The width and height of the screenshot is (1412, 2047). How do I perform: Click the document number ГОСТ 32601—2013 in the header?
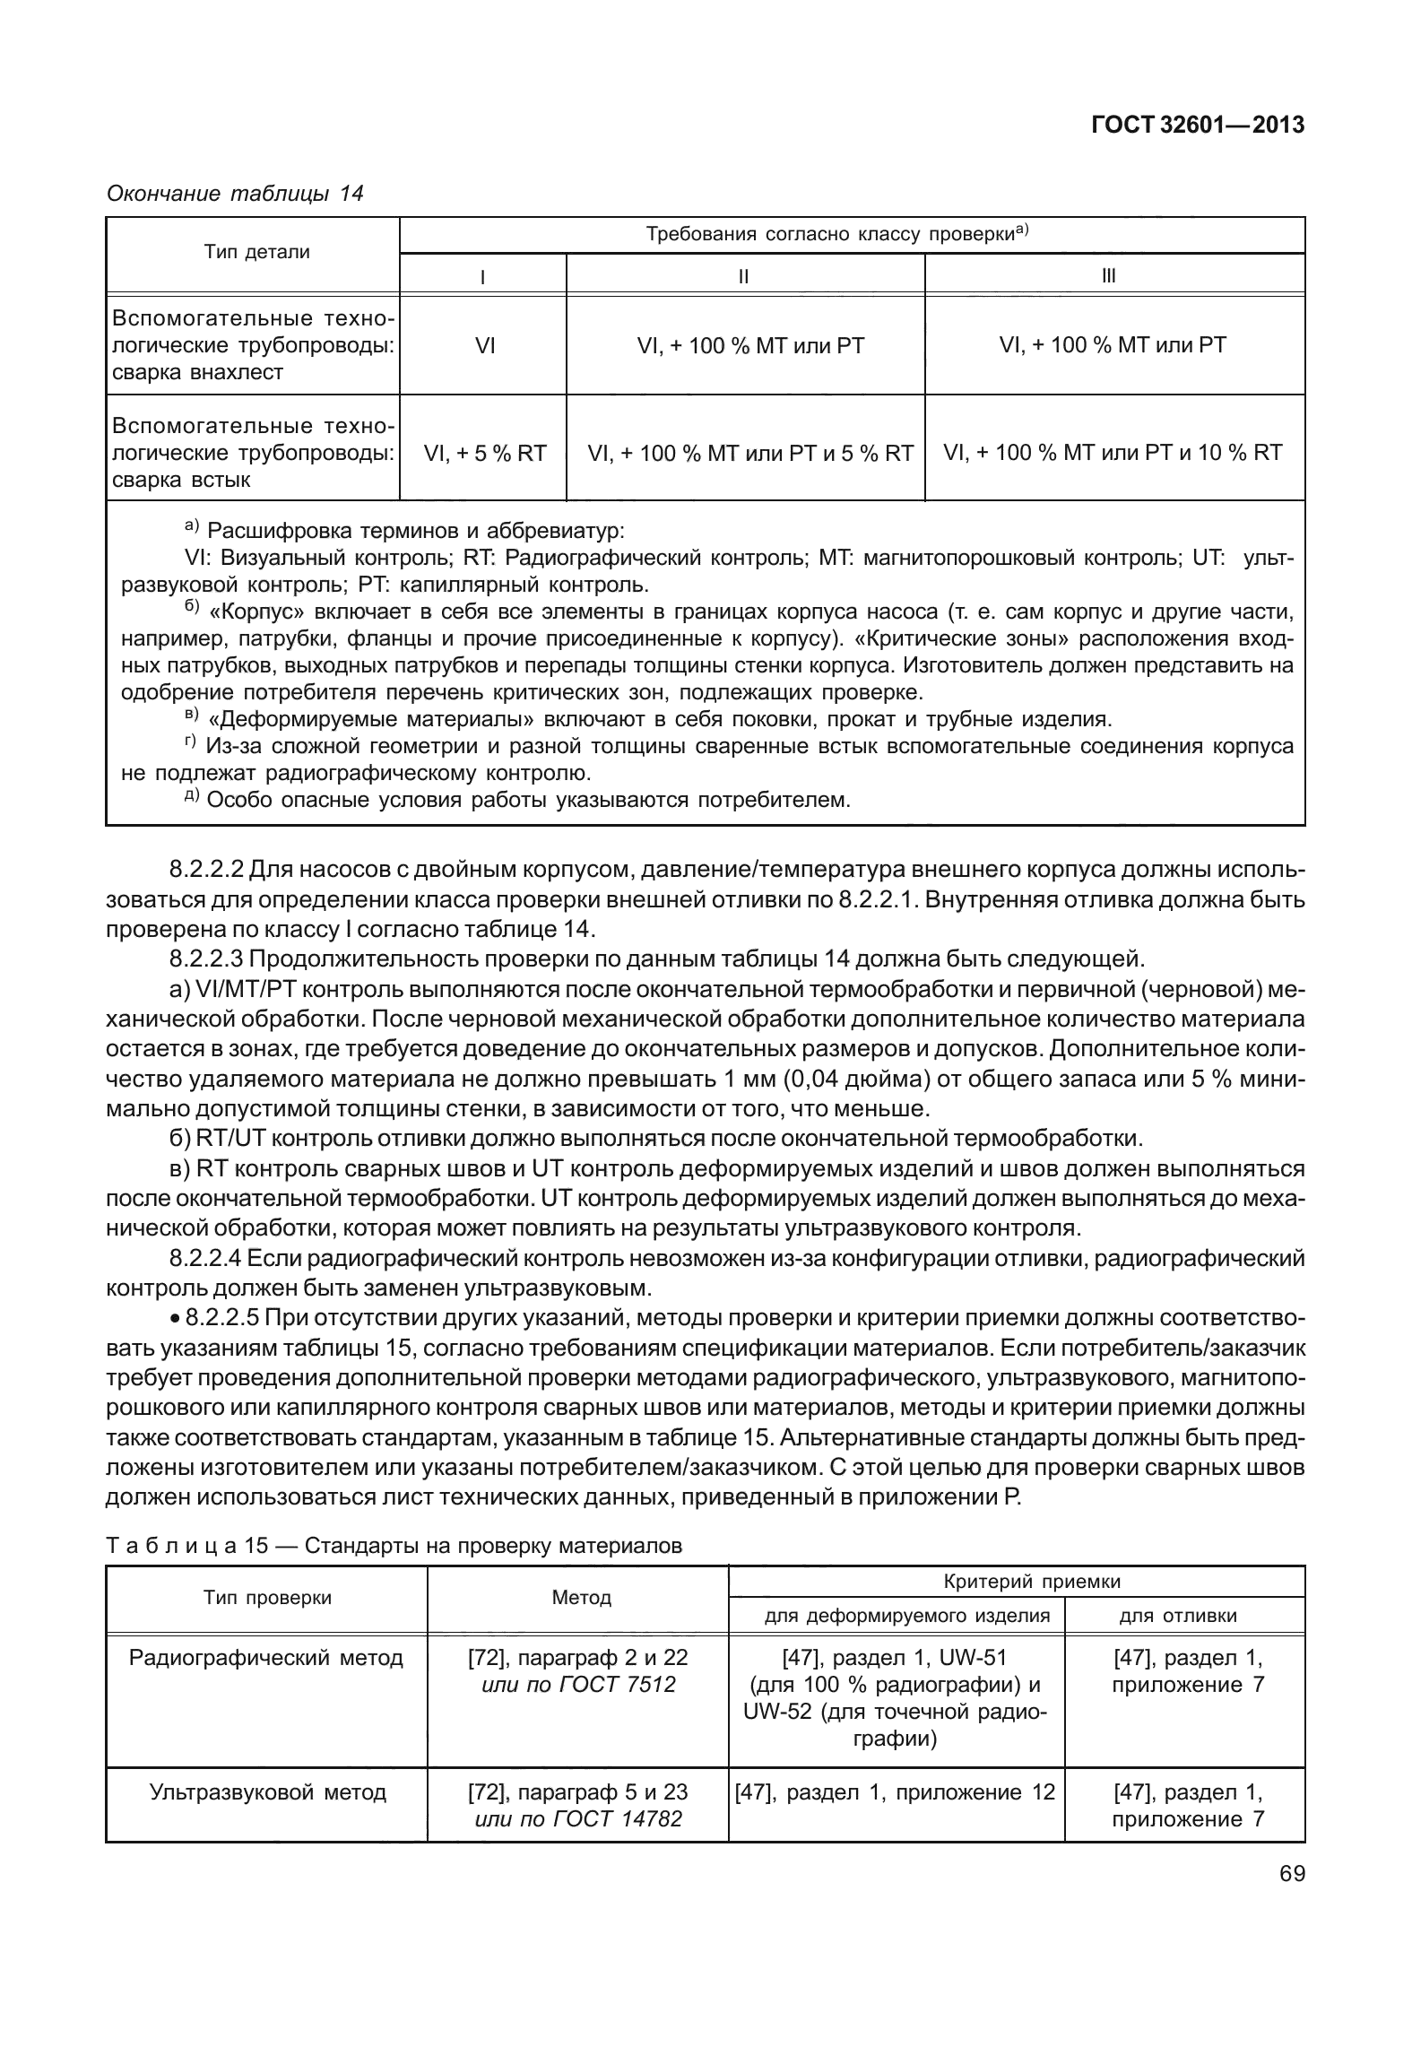click(x=1197, y=126)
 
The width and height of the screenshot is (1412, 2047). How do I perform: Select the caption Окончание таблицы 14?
click(x=235, y=193)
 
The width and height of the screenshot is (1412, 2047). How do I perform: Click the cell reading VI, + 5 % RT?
click(x=485, y=453)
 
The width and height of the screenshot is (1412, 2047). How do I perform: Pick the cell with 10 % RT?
click(x=1113, y=453)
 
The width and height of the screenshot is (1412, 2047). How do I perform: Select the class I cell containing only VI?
click(x=485, y=345)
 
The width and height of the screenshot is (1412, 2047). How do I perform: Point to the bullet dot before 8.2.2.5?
click(x=176, y=1319)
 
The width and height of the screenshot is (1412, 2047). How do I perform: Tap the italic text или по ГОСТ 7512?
click(x=578, y=1684)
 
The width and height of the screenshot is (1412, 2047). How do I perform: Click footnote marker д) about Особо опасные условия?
click(x=192, y=797)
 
